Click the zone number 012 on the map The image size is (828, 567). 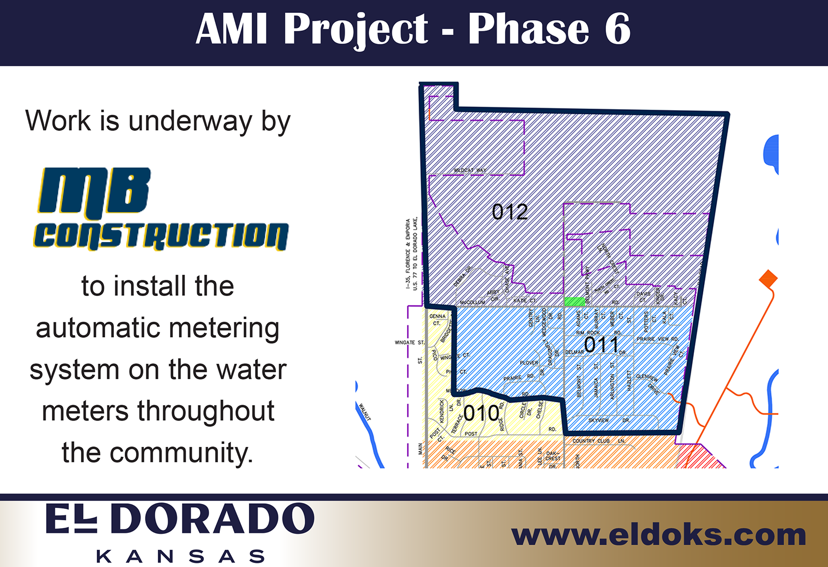(510, 212)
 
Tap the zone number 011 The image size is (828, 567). (601, 345)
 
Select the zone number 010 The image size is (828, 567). (481, 413)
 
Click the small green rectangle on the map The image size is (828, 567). (574, 302)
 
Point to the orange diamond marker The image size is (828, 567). (768, 279)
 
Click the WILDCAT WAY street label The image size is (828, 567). (470, 170)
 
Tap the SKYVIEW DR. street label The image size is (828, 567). (609, 420)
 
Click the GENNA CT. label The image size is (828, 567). (437, 319)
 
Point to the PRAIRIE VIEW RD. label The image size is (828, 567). (657, 339)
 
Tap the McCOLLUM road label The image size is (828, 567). (472, 302)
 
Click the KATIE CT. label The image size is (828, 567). (524, 301)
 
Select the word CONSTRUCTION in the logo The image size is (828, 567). (161, 236)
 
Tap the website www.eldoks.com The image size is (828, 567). (658, 535)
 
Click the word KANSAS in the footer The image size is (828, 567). (181, 557)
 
